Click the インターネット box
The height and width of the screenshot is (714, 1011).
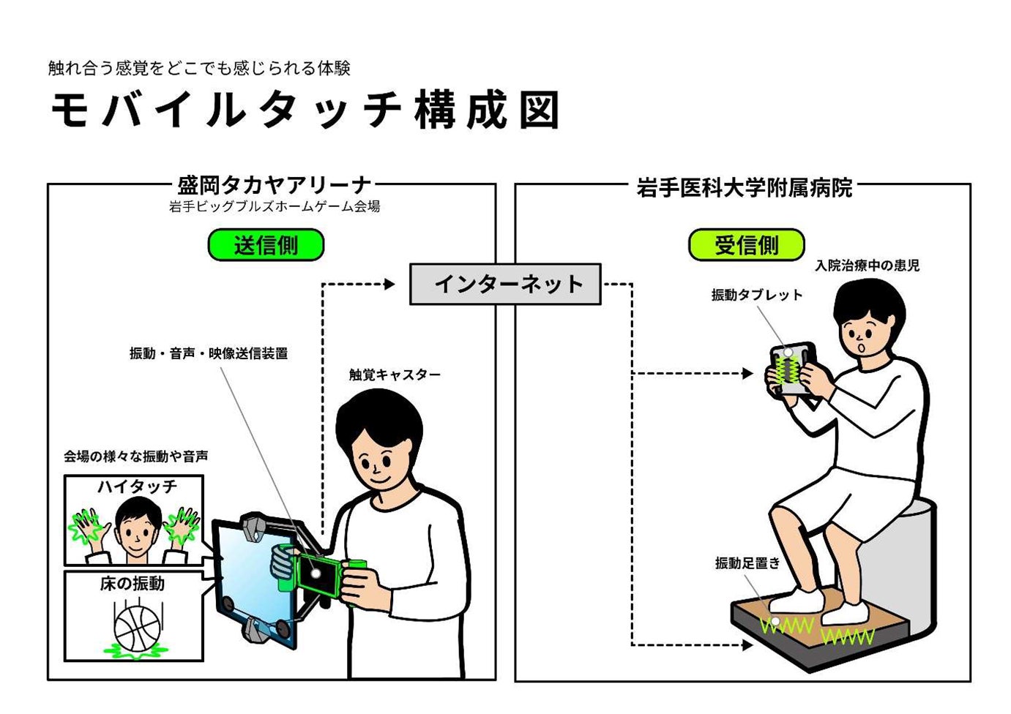505,284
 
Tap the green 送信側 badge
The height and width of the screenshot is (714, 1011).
266,245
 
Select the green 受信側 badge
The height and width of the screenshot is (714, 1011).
746,245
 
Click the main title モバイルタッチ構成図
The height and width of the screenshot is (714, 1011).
305,110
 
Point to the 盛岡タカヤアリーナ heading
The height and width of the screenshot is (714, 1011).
275,186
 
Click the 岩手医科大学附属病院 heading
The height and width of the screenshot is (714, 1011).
744,188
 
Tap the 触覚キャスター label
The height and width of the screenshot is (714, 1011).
395,375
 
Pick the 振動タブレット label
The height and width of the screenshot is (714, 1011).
757,295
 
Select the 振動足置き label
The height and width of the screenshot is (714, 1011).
747,563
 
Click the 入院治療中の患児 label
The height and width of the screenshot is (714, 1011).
867,266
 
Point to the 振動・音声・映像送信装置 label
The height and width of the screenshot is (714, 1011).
209,353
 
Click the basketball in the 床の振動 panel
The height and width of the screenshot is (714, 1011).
137,627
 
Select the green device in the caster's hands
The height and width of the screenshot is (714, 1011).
318,574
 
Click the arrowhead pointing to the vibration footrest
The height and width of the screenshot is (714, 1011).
747,645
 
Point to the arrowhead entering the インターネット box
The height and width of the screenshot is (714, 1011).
389,284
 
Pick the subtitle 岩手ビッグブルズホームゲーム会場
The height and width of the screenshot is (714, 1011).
275,206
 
